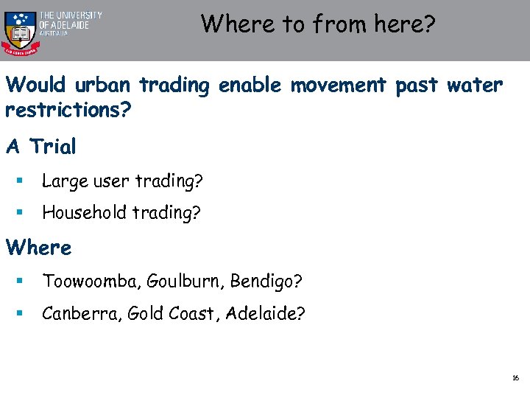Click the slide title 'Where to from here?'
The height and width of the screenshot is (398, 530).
coord(318,24)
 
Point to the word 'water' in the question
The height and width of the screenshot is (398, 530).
coord(475,85)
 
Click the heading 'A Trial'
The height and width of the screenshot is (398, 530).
coord(41,147)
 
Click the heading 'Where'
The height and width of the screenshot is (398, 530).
coord(39,248)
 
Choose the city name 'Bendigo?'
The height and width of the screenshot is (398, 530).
coord(265,282)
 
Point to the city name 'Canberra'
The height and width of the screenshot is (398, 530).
coord(81,314)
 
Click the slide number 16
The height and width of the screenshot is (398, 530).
coord(515,377)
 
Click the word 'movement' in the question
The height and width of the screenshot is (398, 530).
coord(338,85)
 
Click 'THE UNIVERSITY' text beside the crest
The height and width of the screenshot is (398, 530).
coord(71,15)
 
